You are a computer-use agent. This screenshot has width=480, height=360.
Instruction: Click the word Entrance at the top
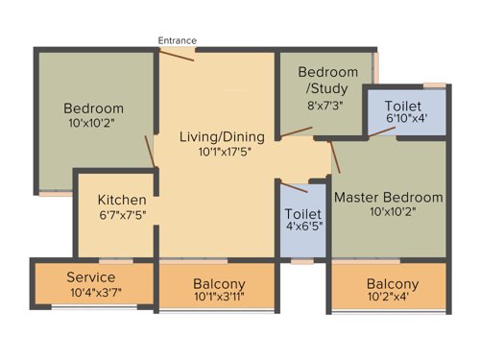(178, 40)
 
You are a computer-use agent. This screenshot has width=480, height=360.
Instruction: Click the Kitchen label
(122, 200)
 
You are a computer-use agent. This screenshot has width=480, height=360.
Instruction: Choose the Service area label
(91, 277)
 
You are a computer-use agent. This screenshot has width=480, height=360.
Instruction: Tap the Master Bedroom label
(388, 198)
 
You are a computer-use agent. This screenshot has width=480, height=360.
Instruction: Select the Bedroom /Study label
(327, 80)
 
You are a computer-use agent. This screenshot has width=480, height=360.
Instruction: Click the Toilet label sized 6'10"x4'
(405, 105)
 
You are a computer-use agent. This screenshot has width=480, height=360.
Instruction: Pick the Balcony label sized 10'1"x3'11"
(219, 284)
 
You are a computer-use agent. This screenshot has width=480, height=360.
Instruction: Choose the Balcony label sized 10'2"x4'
(392, 284)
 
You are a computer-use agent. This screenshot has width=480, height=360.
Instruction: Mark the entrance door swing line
(177, 55)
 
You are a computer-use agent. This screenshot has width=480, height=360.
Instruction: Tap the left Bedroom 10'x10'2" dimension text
(94, 123)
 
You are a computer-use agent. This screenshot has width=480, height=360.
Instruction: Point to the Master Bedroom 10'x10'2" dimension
(388, 213)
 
